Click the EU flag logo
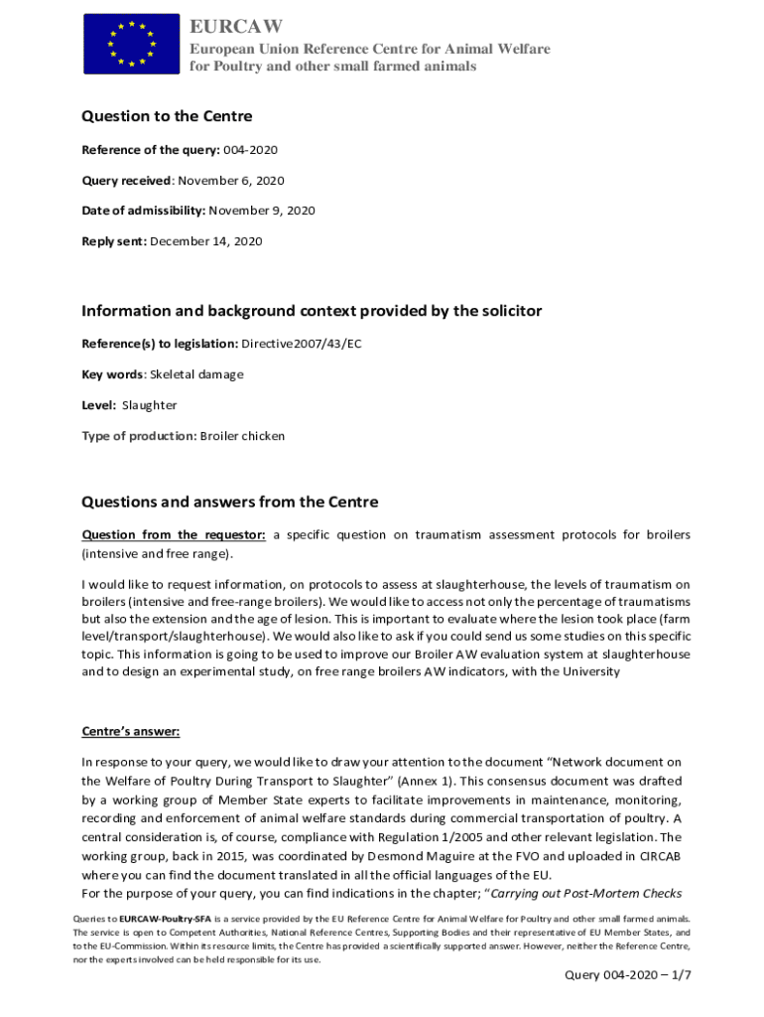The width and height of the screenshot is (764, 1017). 131,44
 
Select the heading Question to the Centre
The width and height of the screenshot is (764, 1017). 167,116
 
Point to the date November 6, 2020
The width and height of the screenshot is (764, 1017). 231,181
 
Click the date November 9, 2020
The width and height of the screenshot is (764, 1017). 262,211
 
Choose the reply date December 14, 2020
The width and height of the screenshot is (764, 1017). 206,241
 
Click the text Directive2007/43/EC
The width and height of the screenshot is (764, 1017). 299,344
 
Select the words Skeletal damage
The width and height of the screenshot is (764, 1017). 196,374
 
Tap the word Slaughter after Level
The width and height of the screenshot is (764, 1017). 150,405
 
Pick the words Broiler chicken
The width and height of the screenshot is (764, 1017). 242,436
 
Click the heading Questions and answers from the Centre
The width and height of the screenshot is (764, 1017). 229,502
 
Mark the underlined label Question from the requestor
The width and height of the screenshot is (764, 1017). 174,535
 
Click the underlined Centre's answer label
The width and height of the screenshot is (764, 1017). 130,733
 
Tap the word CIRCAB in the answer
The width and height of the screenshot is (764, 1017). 653,856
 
